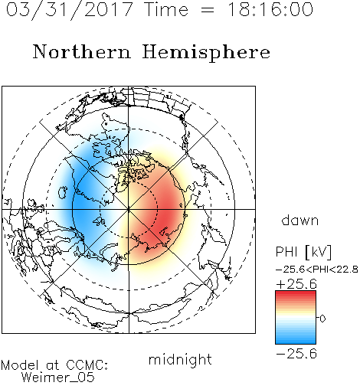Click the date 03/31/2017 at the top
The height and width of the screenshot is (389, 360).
(x=70, y=10)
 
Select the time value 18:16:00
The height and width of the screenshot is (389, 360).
(x=270, y=10)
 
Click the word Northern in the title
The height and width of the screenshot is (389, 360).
(x=82, y=51)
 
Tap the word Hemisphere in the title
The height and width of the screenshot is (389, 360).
(x=206, y=53)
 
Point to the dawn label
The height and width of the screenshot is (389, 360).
(x=300, y=221)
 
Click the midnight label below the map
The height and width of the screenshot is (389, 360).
(x=180, y=360)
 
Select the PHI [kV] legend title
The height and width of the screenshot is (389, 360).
(x=303, y=252)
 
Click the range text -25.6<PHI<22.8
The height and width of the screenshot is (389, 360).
(x=317, y=270)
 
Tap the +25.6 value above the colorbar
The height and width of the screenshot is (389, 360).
(x=296, y=284)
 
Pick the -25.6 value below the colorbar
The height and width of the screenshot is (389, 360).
(x=296, y=354)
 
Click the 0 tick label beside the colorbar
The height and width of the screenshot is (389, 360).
(x=322, y=319)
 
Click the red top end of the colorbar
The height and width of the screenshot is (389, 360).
(x=296, y=293)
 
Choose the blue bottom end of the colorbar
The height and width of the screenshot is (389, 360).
(x=296, y=342)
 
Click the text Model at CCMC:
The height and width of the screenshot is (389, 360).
(x=54, y=365)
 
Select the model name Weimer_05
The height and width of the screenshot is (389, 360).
(x=57, y=378)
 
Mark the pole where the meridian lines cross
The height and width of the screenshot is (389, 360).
(x=129, y=209)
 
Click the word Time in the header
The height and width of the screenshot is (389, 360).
(x=166, y=10)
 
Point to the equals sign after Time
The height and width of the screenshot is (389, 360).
(x=208, y=10)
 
